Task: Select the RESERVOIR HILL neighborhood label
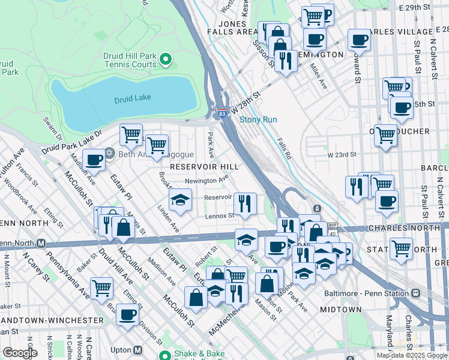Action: [205, 166]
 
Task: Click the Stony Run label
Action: [258, 119]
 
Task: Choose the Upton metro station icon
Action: [138, 350]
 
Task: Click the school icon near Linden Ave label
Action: [179, 200]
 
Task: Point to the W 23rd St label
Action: [342, 155]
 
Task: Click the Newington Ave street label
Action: [206, 179]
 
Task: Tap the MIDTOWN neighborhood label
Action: [340, 310]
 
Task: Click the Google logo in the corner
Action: [20, 353]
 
